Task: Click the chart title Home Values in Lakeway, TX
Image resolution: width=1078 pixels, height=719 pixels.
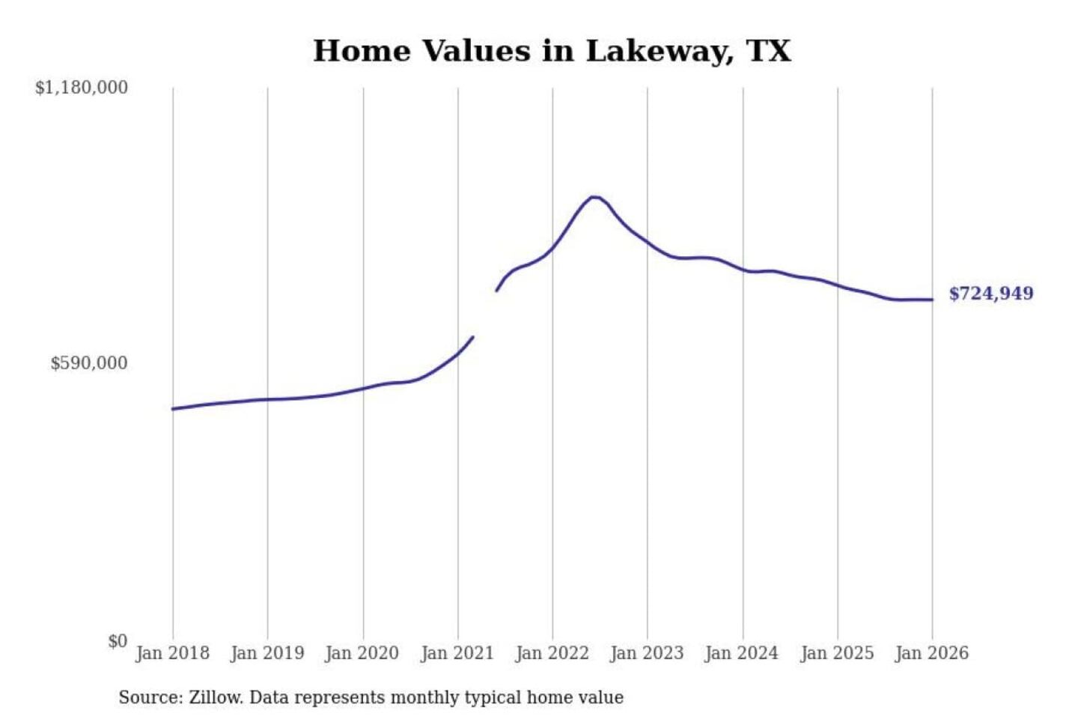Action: pyautogui.click(x=552, y=51)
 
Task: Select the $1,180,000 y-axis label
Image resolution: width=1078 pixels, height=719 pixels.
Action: pyautogui.click(x=82, y=88)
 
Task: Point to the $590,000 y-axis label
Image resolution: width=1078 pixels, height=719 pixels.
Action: pyautogui.click(x=89, y=363)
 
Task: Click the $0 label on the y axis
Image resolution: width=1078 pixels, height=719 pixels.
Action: pyautogui.click(x=118, y=641)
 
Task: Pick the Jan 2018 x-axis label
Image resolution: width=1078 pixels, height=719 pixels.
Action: pyautogui.click(x=172, y=653)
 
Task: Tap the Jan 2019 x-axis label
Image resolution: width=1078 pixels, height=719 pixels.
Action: pyautogui.click(x=267, y=653)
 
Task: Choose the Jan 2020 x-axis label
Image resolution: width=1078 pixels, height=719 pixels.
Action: pyautogui.click(x=362, y=653)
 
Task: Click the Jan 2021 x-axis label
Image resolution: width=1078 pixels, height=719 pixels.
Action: pyautogui.click(x=457, y=653)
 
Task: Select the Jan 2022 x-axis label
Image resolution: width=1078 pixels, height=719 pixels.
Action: pyautogui.click(x=552, y=653)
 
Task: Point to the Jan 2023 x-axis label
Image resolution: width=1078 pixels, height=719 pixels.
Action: pyautogui.click(x=648, y=653)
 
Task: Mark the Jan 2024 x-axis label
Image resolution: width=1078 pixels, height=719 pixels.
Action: pyautogui.click(x=742, y=653)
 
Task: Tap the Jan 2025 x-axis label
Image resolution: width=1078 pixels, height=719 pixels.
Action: pyautogui.click(x=837, y=653)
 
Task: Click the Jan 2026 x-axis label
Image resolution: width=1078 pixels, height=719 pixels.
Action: pyautogui.click(x=932, y=653)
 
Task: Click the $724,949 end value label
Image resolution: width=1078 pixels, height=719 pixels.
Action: pyautogui.click(x=991, y=294)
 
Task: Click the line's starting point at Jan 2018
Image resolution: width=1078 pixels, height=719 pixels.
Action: pyautogui.click(x=173, y=409)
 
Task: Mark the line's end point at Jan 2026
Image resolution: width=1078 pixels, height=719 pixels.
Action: pyautogui.click(x=932, y=300)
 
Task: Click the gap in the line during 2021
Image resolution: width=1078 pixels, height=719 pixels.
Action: pyautogui.click(x=484, y=315)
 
